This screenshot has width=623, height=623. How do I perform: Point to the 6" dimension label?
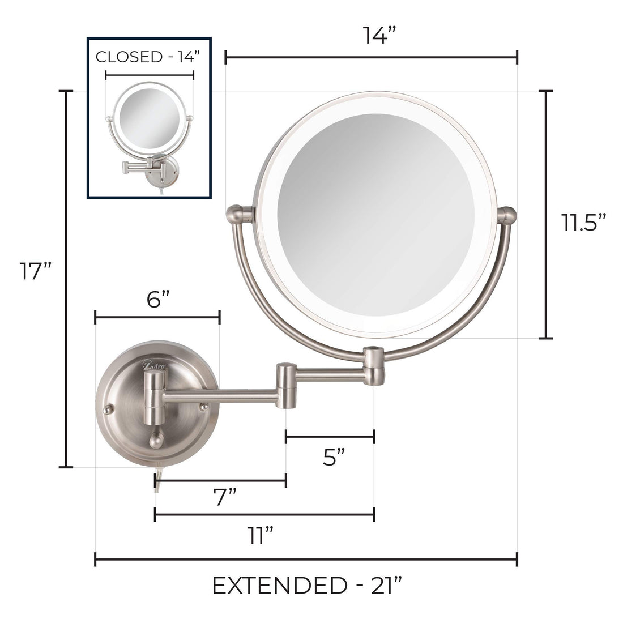[x=157, y=299]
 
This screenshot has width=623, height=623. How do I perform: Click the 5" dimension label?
[x=334, y=456]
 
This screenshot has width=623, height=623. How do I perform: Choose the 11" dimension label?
[x=262, y=534]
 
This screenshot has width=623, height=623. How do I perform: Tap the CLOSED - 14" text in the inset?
[x=148, y=57]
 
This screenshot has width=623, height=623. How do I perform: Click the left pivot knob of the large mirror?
[x=244, y=215]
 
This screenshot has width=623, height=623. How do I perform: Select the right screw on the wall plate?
[x=202, y=406]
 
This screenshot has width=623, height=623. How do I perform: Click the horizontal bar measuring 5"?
[x=330, y=436]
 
